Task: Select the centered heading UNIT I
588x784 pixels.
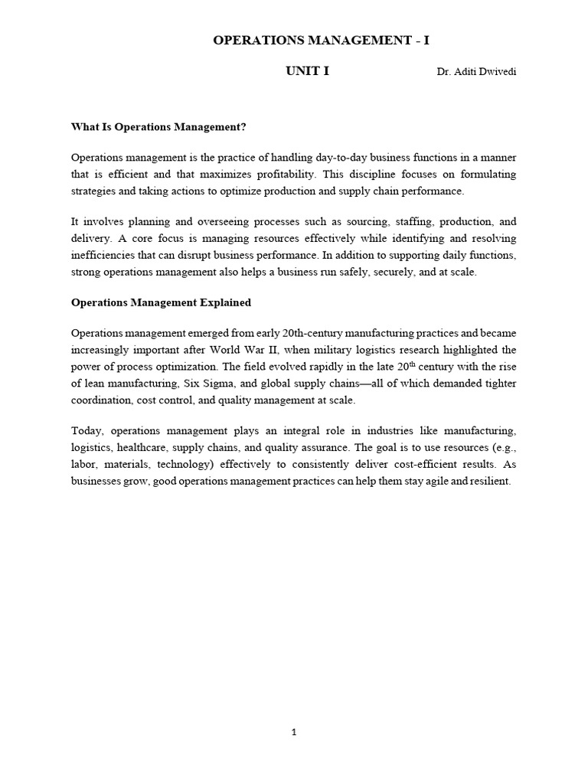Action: pos(308,71)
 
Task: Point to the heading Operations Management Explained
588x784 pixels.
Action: pos(161,302)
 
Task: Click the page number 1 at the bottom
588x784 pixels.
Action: pos(294,733)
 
